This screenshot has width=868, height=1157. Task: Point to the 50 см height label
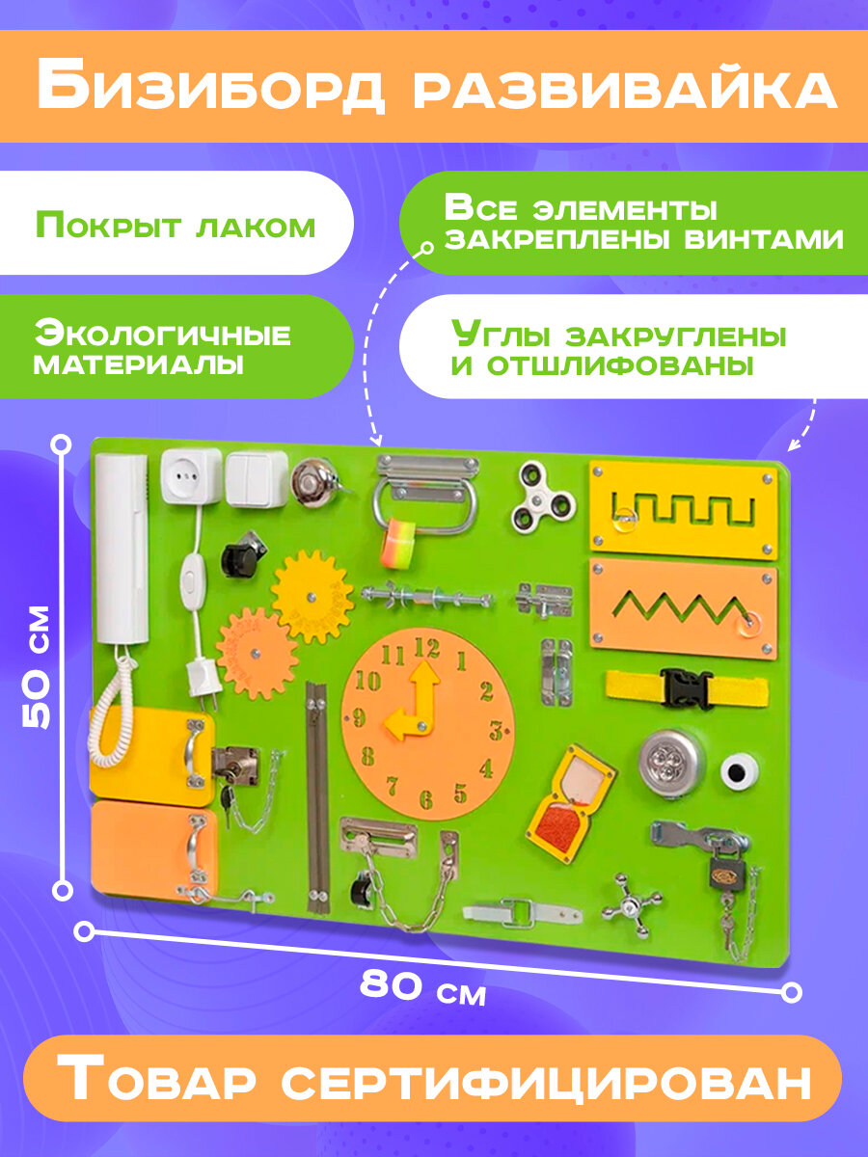[37, 666]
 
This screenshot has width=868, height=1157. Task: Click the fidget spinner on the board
[544, 495]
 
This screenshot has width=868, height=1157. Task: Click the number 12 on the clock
[425, 648]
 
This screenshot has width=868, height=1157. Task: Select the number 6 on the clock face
[426, 798]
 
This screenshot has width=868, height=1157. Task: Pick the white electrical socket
[192, 474]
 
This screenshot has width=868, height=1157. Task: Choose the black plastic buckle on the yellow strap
[687, 688]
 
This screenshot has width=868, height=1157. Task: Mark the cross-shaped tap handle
[632, 904]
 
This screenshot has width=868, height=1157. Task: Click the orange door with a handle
[149, 846]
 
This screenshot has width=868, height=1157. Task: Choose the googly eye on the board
[741, 769]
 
